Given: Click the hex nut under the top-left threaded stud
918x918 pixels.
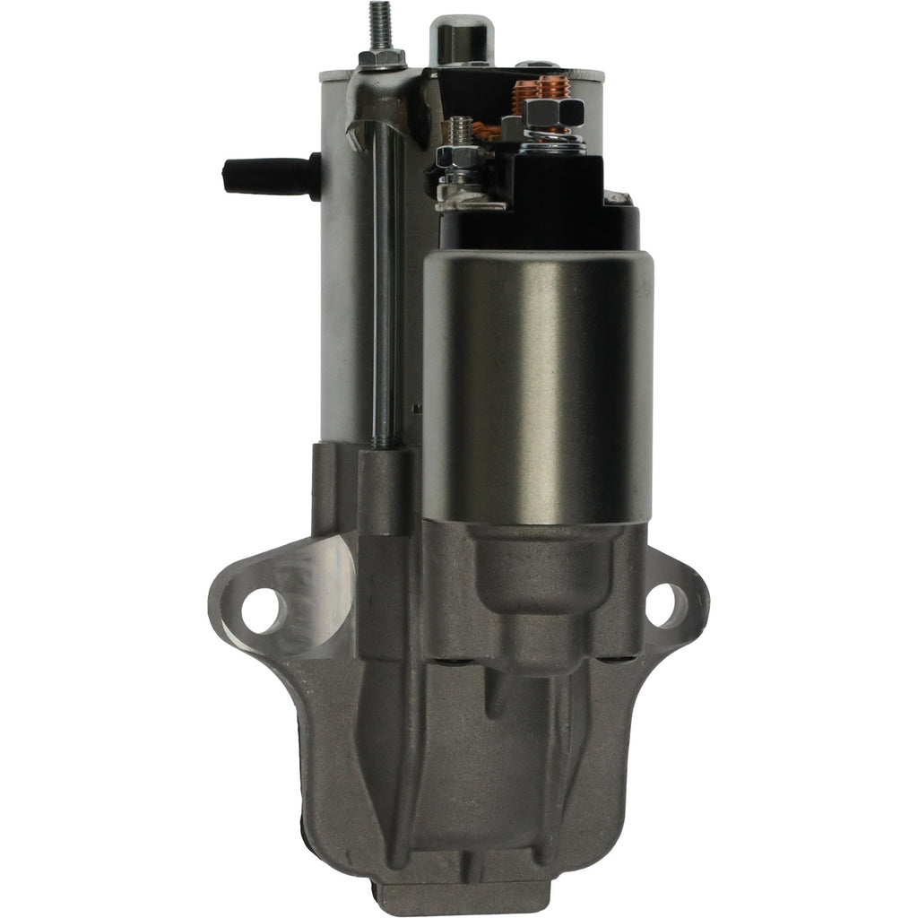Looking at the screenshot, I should click(381, 59).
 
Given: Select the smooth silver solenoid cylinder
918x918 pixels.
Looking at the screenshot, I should click(538, 385).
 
